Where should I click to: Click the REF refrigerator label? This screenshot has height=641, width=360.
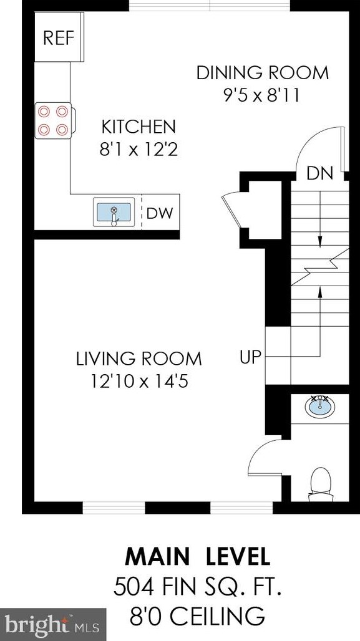[59, 38]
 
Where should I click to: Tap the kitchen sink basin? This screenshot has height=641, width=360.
[114, 212]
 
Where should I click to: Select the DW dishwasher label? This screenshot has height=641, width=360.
[160, 213]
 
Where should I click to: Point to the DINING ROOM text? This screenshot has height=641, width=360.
[263, 73]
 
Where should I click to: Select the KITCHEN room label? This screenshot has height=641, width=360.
[139, 127]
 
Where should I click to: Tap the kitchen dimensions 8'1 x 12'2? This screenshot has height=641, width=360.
[139, 150]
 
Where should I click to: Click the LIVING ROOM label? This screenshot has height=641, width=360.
[139, 359]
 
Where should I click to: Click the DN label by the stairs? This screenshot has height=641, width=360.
[320, 173]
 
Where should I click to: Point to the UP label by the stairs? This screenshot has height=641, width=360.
[250, 357]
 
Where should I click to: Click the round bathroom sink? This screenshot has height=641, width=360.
[320, 405]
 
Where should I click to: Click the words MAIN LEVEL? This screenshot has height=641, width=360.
[198, 556]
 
